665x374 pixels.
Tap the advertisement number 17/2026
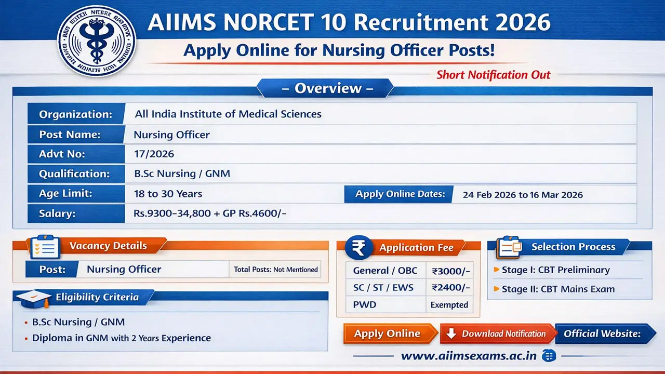point(154,154)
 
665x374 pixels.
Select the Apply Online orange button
point(388,333)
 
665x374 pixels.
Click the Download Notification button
point(498,333)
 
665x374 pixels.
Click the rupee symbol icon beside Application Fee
point(358,247)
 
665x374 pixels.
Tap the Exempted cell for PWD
point(449,305)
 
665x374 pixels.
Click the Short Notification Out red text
point(493,75)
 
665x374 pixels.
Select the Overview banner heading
point(327,88)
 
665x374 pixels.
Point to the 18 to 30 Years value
point(168,194)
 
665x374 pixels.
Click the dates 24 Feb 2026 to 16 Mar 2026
point(523,195)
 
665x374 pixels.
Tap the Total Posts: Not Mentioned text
point(275,270)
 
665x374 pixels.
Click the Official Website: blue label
point(602,333)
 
